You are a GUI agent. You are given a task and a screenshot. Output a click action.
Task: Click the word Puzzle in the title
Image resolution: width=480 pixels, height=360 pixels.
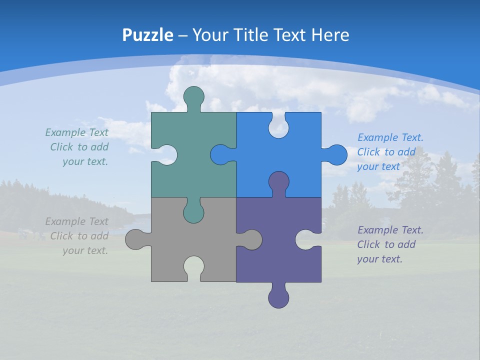[x=148, y=35]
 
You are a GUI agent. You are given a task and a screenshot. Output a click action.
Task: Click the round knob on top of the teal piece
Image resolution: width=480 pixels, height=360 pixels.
[x=193, y=96]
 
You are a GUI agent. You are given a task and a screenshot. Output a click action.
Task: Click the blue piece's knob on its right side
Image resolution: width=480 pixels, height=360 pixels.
[x=337, y=155]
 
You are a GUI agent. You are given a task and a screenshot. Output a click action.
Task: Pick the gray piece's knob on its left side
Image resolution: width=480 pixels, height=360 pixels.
[x=135, y=239]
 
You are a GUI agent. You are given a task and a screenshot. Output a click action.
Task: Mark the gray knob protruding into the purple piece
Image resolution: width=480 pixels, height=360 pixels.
[x=252, y=239]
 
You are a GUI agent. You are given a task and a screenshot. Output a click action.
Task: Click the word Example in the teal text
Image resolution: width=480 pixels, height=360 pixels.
[x=65, y=132]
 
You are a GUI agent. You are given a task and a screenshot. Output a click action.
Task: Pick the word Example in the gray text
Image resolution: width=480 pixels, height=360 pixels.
[x=65, y=221]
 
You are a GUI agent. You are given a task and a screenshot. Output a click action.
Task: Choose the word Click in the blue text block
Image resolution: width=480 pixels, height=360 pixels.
[x=368, y=152]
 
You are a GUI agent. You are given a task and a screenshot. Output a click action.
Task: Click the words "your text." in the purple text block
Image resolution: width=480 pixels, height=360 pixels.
[x=379, y=259]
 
